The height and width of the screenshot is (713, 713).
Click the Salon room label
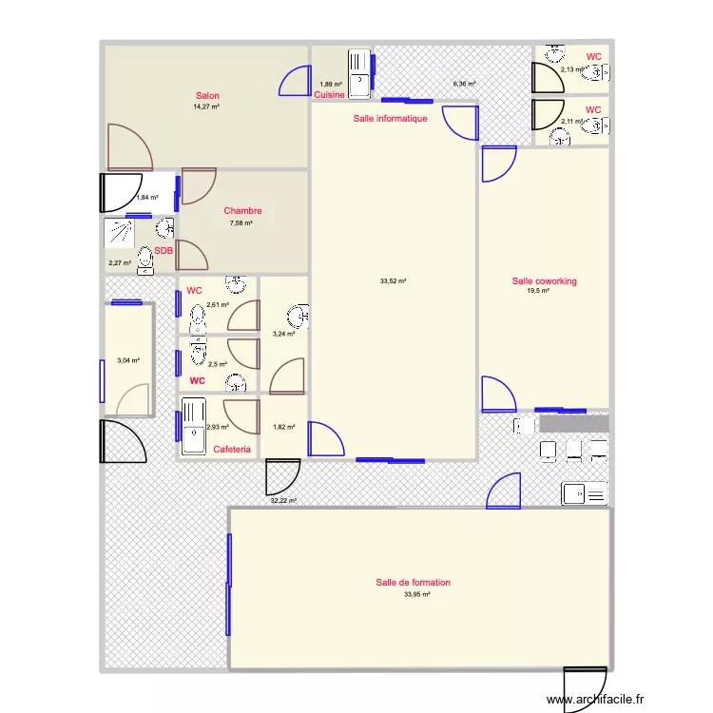(207, 95)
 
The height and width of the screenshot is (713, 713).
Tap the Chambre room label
(242, 211)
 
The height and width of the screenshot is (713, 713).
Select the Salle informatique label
(390, 119)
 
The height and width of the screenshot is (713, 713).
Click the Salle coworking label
(544, 281)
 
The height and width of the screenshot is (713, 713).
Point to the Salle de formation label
(413, 583)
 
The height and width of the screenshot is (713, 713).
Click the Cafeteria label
(232, 450)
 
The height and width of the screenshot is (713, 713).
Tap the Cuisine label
(329, 95)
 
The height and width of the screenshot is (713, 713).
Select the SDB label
(164, 251)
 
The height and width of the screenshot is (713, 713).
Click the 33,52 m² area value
(393, 281)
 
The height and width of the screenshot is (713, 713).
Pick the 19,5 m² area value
(539, 292)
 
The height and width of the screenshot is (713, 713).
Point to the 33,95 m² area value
(416, 595)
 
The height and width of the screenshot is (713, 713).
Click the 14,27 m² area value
(207, 107)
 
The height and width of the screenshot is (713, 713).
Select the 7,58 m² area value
(241, 223)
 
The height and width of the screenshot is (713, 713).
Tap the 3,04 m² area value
(127, 360)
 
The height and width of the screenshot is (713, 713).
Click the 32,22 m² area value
(283, 501)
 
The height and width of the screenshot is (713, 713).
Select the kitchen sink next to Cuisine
(360, 72)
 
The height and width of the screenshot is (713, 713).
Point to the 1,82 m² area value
(284, 427)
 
